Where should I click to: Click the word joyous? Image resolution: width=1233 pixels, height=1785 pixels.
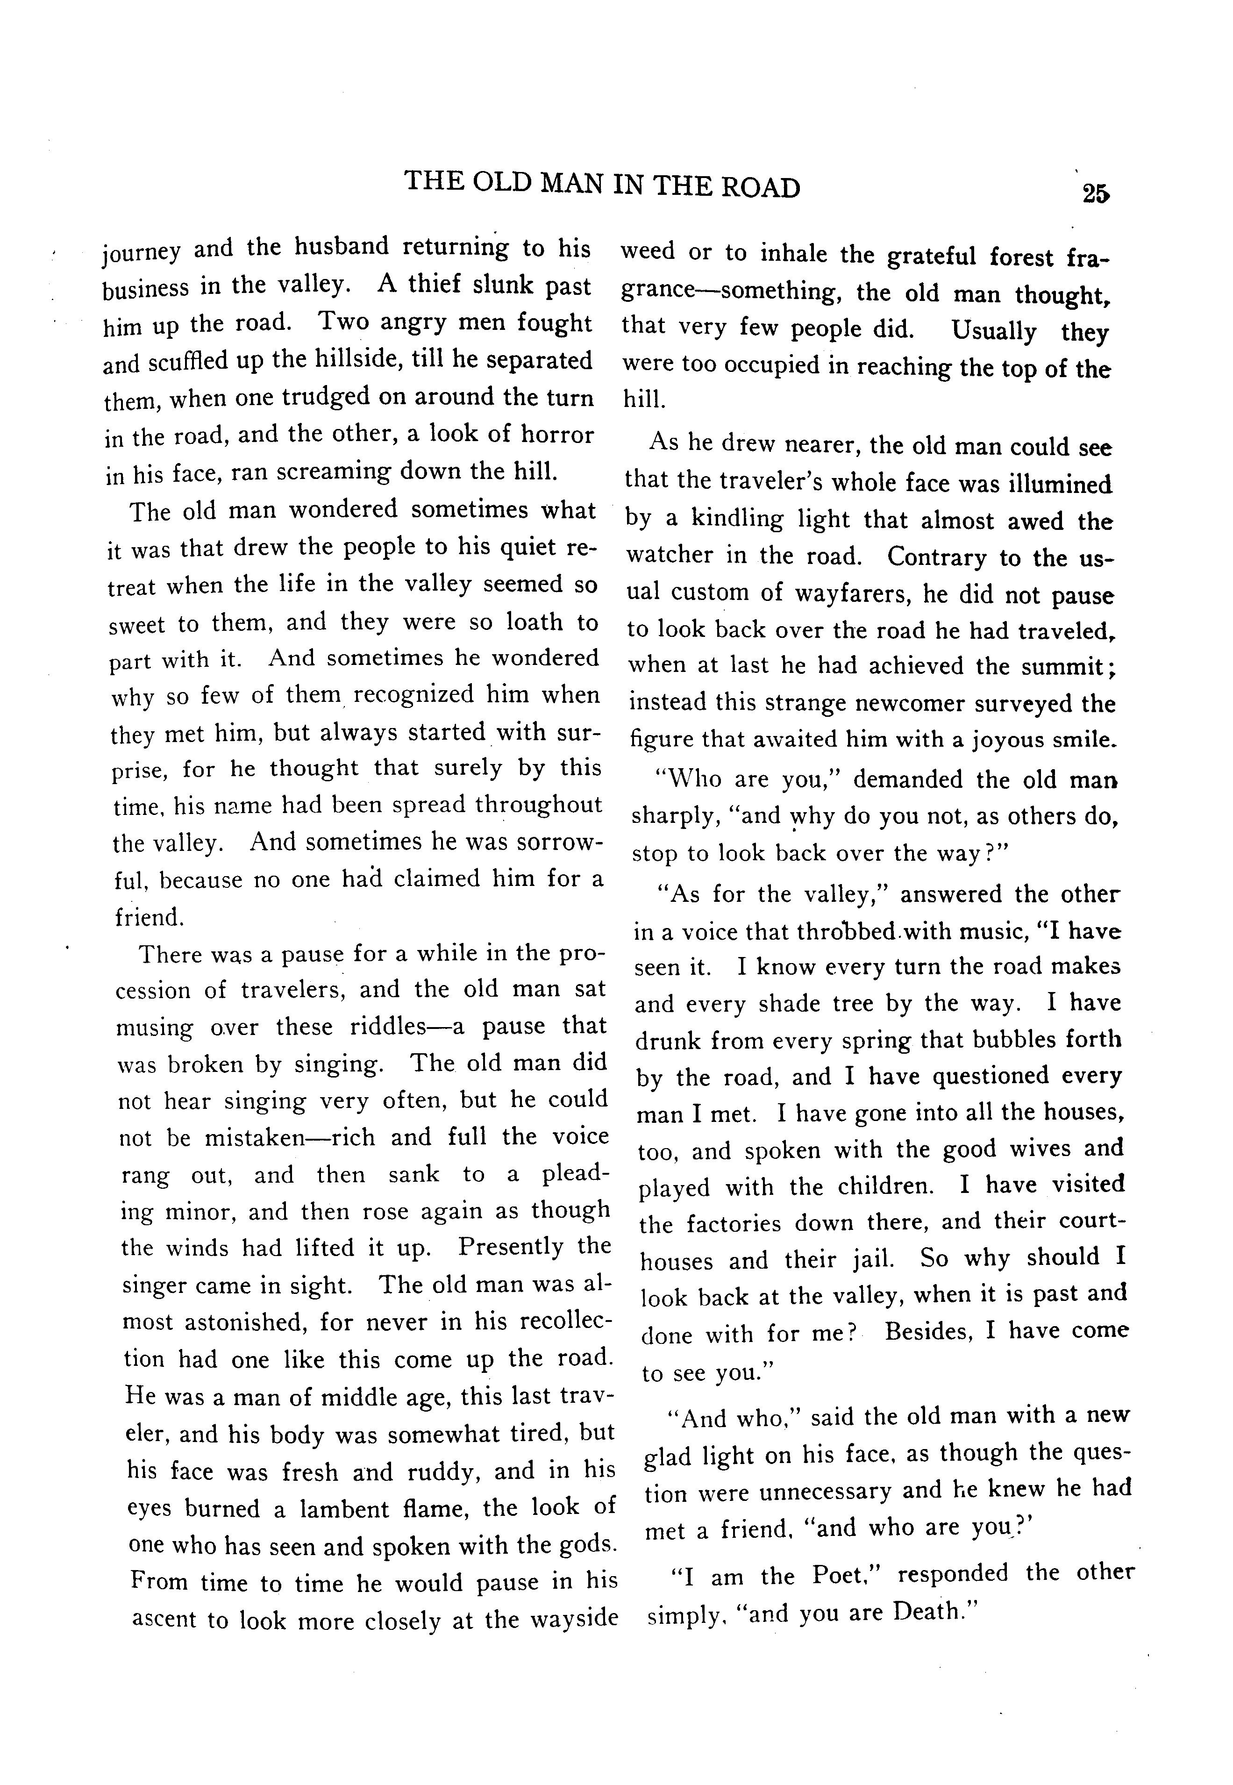tap(1007, 740)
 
